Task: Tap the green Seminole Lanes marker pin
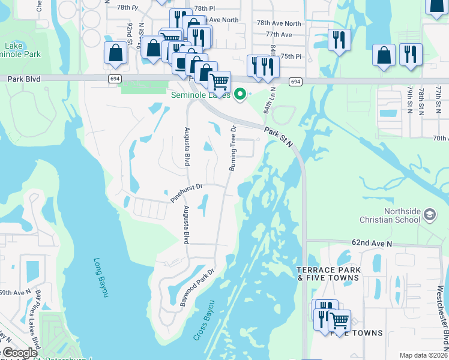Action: pos(240,94)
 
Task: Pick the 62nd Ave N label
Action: pos(372,244)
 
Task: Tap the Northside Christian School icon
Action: pos(429,214)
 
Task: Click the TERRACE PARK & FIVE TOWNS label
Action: pos(328,274)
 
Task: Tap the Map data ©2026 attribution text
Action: pos(423,355)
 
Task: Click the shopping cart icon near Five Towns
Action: pos(339,320)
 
